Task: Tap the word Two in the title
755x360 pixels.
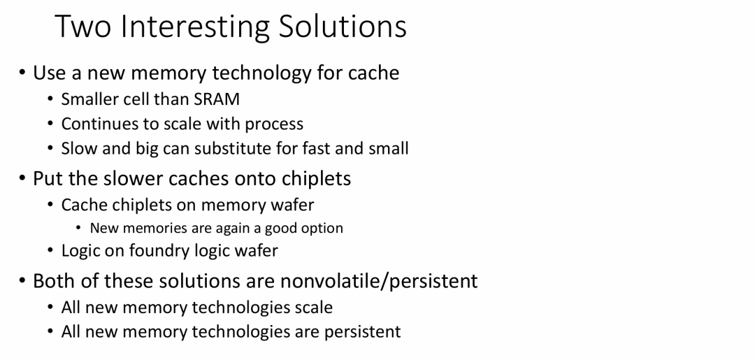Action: [x=82, y=27]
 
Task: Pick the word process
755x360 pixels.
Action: [x=274, y=124]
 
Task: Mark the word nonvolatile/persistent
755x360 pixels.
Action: [x=379, y=281]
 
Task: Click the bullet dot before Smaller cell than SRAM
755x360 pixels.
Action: [x=51, y=99]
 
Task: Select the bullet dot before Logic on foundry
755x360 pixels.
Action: [x=51, y=251]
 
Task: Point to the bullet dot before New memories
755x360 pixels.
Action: [x=79, y=228]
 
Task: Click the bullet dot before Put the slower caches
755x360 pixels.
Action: [x=22, y=178]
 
